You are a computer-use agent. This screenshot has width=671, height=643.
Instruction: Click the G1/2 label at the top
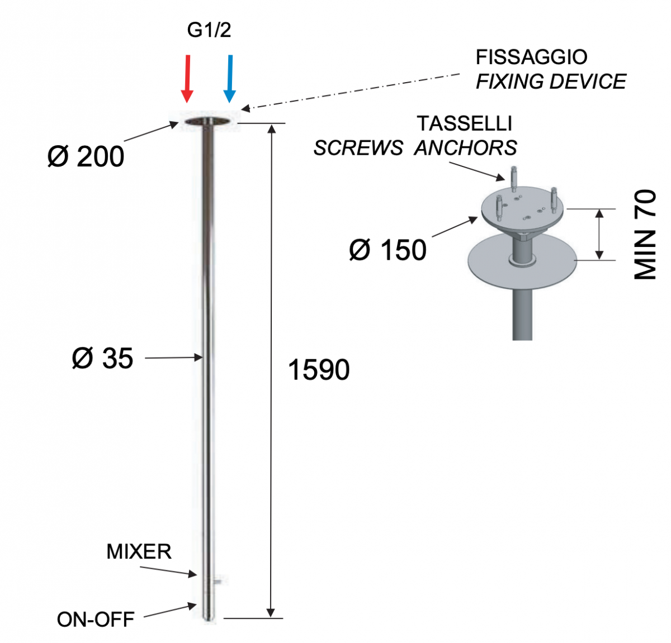pos(209,30)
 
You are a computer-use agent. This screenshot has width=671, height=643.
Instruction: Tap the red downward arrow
pos(187,79)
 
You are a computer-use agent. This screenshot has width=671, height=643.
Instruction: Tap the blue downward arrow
pos(230,79)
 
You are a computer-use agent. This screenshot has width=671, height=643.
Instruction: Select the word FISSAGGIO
pos(531,57)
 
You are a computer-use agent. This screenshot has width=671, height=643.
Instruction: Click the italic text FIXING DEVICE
pos(551,82)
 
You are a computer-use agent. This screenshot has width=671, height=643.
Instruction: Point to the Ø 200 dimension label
pos(86,157)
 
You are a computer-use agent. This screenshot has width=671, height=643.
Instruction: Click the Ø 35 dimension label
pos(102,358)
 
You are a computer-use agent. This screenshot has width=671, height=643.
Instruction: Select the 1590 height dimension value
pos(319,370)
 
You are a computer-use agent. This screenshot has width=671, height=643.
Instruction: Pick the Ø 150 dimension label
pos(388,250)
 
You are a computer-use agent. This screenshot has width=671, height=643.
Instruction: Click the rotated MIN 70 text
pos(645,234)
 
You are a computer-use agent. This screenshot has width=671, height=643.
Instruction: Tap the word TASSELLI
pos(465,123)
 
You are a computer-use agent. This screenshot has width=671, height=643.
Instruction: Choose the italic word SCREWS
pos(358,147)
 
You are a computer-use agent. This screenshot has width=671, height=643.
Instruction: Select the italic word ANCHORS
pos(465,147)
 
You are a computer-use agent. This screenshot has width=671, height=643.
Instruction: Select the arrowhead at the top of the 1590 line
pos(272,128)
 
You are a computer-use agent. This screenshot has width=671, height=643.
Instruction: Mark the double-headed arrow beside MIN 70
pos(599,234)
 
